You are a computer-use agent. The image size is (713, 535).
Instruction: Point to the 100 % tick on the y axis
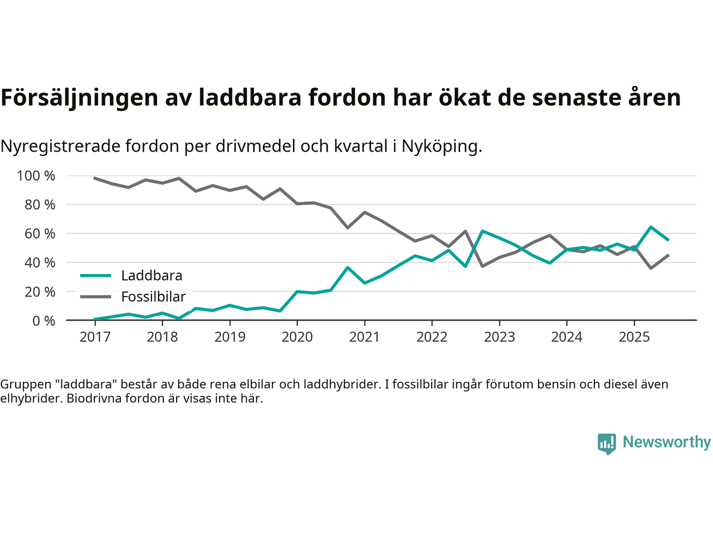point(36,176)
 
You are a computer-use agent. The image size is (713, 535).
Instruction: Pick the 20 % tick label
point(39,291)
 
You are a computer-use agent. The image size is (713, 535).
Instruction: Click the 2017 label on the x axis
point(95,337)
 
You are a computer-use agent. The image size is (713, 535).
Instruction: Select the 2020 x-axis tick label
point(297,337)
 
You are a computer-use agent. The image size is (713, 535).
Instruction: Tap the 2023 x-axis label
point(499,337)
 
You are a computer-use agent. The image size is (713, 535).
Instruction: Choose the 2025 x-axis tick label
point(634,337)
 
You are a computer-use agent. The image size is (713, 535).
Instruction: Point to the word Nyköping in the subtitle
point(441,147)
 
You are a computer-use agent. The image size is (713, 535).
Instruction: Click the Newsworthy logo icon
point(607,444)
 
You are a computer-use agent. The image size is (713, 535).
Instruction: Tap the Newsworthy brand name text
point(667,442)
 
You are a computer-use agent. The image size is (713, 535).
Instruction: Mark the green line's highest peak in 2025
point(651,227)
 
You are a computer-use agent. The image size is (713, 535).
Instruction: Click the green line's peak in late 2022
point(482,231)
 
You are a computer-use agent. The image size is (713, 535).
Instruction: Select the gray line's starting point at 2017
point(95,178)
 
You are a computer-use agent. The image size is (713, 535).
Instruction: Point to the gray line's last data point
point(668,255)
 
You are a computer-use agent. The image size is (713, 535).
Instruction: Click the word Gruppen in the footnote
point(25,384)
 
